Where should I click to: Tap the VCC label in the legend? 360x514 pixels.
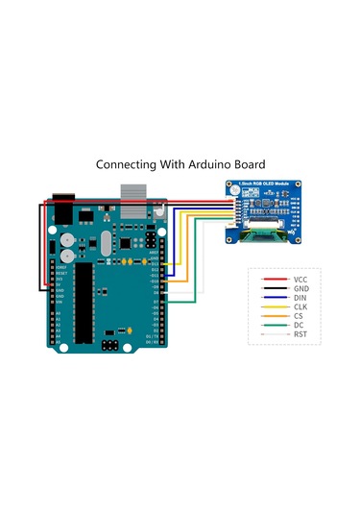click(300, 279)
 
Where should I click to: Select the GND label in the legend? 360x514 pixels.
click(300, 288)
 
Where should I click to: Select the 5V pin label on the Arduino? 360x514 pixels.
click(59, 285)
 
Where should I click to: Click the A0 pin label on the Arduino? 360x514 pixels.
click(59, 314)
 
